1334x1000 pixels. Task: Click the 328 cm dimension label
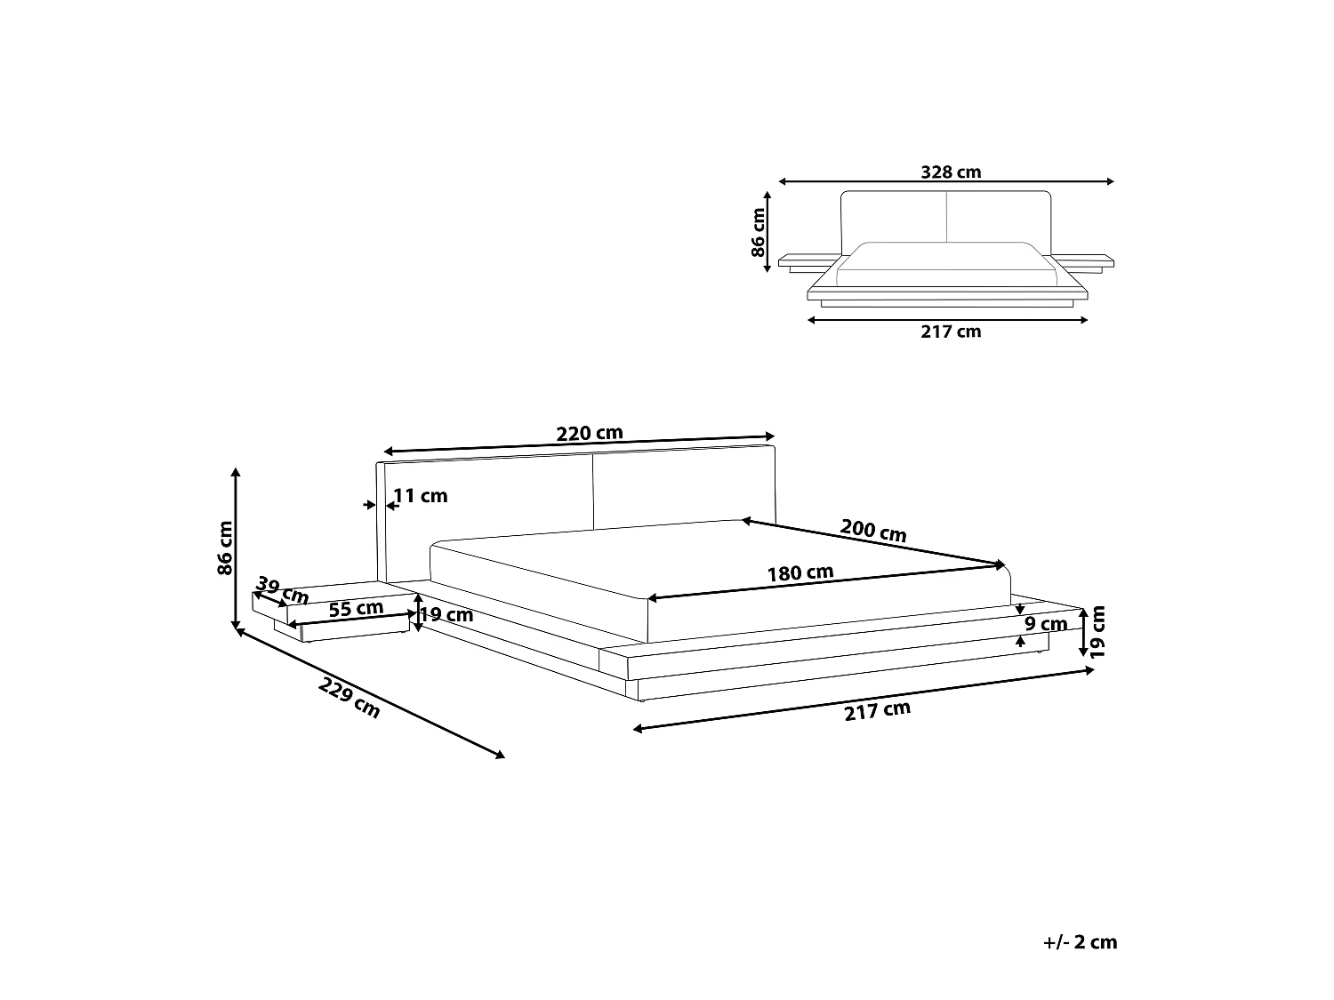(x=951, y=172)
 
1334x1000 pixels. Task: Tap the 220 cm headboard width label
(x=589, y=434)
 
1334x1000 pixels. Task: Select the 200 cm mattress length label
(x=873, y=531)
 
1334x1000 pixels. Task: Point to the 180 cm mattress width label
(x=800, y=573)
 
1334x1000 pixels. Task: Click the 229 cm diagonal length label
(x=350, y=698)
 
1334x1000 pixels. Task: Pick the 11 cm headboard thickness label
(x=421, y=496)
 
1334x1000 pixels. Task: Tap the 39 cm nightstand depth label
(x=282, y=590)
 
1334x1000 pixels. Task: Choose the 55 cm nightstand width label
(x=356, y=609)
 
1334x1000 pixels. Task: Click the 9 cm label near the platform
(x=1045, y=624)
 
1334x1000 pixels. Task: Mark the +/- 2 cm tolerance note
(x=1080, y=942)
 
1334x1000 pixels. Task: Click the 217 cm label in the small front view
(x=951, y=332)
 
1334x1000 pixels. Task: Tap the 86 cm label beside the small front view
(x=759, y=233)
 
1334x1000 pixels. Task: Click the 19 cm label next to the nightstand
(x=446, y=614)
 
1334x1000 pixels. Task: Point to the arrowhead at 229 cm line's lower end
(x=501, y=755)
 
